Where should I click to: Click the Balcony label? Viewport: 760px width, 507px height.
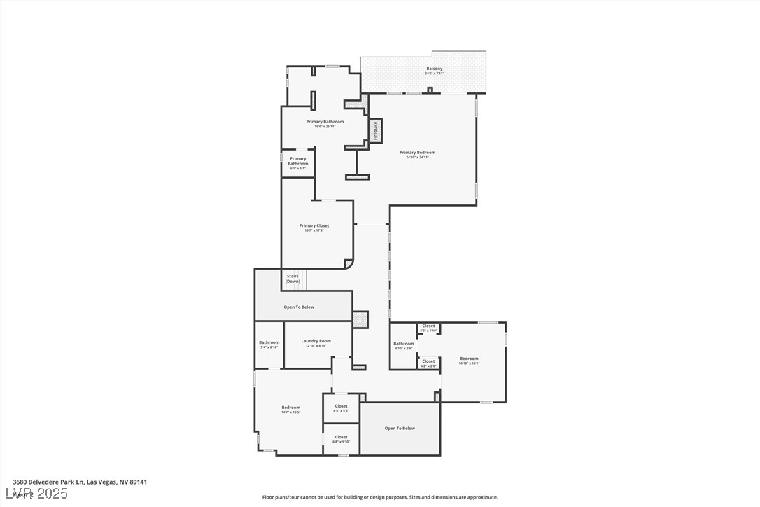pos(434,69)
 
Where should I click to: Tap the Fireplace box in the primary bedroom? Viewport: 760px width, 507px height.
pos(375,131)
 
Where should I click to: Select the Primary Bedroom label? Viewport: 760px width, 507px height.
pos(417,153)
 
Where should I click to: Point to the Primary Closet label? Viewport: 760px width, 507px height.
pos(314,225)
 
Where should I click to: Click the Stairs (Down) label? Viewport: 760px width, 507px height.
pos(293,279)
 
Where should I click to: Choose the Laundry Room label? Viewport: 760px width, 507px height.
pos(316,341)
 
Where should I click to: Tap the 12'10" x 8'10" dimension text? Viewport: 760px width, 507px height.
pos(316,346)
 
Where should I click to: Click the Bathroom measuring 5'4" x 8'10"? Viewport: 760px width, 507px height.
pos(269,343)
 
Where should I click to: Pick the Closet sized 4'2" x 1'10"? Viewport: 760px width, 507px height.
pos(428,326)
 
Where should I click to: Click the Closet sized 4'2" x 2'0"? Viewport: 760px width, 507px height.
pos(428,362)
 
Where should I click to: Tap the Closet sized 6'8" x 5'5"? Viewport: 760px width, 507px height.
pos(341,407)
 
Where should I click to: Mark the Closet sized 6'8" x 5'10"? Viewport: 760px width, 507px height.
pos(341,438)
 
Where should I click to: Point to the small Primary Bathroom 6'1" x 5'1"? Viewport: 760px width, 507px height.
pos(297,162)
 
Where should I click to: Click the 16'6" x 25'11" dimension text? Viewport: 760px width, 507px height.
pos(325,127)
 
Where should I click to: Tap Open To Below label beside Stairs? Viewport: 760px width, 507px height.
pos(299,307)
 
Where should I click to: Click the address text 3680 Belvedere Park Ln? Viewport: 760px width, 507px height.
pos(48,482)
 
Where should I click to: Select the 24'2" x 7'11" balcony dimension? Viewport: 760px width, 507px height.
pos(434,74)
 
